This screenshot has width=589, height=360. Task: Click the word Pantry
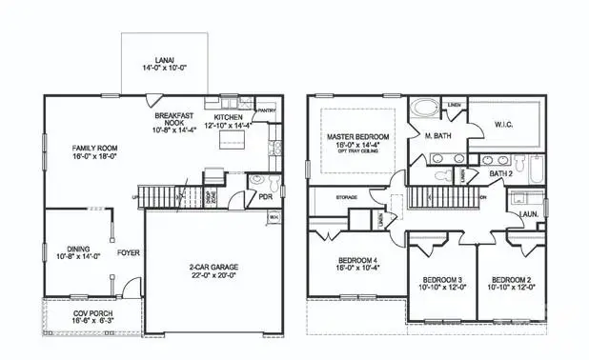click(x=268, y=110)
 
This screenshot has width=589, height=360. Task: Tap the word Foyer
click(x=129, y=254)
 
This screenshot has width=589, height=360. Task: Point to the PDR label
click(x=265, y=197)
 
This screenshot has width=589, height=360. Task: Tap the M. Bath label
click(x=437, y=136)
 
